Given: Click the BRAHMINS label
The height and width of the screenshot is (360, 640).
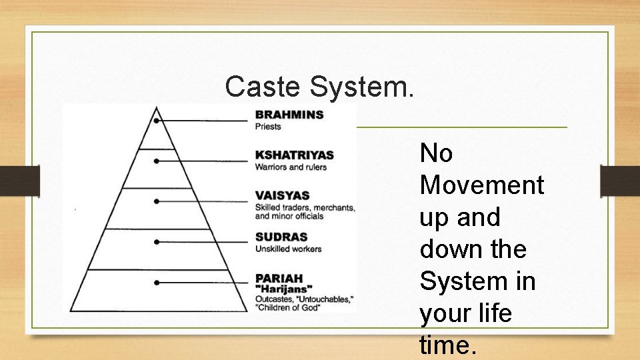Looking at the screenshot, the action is pos(289,115).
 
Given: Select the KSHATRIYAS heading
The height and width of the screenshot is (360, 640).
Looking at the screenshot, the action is pos(294,155).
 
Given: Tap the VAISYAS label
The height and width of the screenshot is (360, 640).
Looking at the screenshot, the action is pos(282,196).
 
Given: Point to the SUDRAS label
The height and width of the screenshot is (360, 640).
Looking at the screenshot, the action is pos(281,237).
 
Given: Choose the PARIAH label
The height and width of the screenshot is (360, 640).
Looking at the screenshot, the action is pos(279,277).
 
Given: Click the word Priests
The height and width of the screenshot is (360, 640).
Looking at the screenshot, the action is pos(268,127).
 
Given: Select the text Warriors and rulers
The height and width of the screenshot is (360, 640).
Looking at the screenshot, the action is pos(291,167).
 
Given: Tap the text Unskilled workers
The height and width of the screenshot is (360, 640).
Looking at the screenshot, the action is pos(288,249).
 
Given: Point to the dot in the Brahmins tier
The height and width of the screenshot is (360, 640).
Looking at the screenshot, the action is pos(156,121).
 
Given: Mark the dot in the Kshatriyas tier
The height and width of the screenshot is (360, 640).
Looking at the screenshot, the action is pos(156,161).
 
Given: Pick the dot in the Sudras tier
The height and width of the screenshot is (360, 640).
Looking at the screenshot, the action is pos(156,241).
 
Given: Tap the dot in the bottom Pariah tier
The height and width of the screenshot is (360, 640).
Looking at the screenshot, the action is pos(156,283).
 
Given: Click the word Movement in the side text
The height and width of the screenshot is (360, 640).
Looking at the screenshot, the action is pos(481,185).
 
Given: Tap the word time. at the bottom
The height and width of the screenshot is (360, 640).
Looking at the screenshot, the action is pos(448,345).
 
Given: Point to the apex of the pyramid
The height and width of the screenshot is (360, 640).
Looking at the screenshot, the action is pos(157,107).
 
